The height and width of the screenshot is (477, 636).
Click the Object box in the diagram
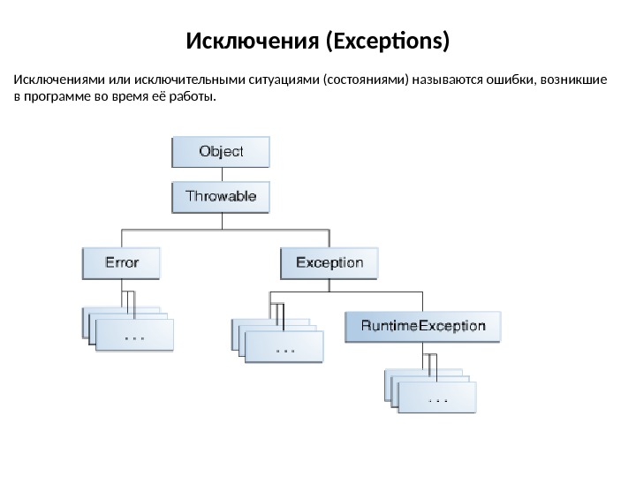(x=220, y=151)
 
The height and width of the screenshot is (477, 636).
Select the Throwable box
(x=220, y=196)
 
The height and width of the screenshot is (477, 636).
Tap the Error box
(x=122, y=262)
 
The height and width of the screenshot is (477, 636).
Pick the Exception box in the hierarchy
(x=329, y=262)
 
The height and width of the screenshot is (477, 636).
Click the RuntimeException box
(x=423, y=325)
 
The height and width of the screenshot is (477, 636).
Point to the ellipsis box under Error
(x=134, y=336)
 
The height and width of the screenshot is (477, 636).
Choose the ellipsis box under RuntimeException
(x=437, y=398)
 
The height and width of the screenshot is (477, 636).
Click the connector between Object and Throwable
(x=220, y=174)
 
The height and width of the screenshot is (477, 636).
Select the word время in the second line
(x=129, y=95)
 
